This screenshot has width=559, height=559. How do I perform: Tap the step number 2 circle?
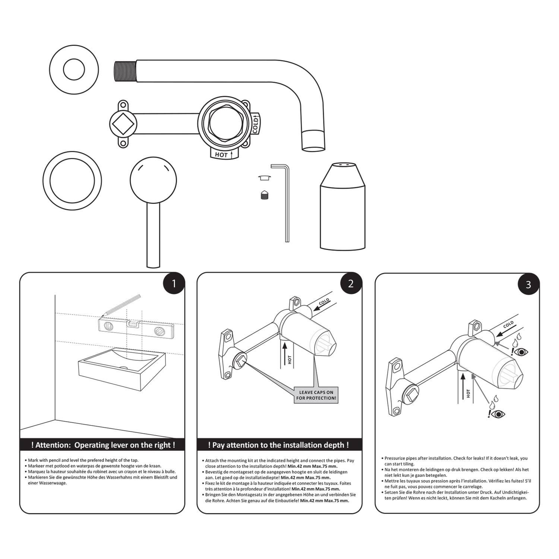point(351,284)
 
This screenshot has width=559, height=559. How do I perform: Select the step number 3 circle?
point(528,284)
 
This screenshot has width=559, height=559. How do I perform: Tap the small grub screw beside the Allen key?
point(265,195)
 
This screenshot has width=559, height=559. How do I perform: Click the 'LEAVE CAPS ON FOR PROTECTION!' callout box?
point(316,395)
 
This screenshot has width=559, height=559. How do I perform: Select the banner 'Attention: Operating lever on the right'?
point(102,445)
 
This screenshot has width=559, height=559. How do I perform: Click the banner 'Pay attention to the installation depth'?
point(279,445)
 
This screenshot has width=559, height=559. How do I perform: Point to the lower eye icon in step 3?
point(498,414)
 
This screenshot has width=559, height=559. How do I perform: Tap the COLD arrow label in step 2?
point(323,302)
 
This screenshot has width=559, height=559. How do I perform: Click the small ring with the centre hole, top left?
point(74,69)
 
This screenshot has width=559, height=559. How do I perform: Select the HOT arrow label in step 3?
point(468,393)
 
